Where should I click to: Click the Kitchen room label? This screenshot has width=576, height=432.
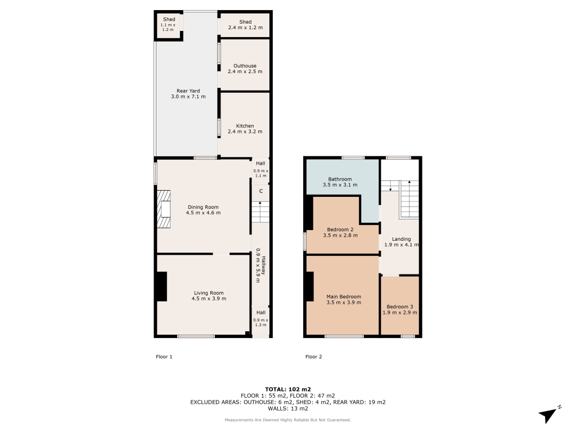(x=245, y=125)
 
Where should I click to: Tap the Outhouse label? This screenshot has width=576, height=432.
(x=245, y=66)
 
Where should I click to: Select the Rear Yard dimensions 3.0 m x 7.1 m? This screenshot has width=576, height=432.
(x=188, y=97)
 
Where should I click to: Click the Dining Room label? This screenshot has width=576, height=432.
(x=203, y=207)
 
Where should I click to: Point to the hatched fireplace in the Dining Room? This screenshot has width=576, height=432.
(x=164, y=209)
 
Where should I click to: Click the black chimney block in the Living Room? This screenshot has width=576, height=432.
(x=162, y=286)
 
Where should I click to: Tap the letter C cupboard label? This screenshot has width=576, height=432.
(x=261, y=191)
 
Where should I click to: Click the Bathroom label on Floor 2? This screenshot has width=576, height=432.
(x=340, y=179)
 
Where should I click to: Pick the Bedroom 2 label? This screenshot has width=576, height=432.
(x=340, y=229)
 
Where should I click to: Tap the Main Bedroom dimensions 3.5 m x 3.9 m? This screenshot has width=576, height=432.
(x=344, y=303)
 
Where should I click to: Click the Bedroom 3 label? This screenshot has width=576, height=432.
(x=400, y=307)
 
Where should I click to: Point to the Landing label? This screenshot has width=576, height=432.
(x=401, y=238)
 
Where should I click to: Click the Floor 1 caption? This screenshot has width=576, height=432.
(x=164, y=357)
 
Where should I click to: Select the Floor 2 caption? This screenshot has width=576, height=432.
(x=314, y=357)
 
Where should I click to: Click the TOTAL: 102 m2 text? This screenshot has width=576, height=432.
(x=288, y=389)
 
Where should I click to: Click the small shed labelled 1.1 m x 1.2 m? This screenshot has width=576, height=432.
(x=168, y=25)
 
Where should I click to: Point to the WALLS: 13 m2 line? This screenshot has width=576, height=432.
(x=288, y=408)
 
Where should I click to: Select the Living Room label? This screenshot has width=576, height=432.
(x=209, y=292)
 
